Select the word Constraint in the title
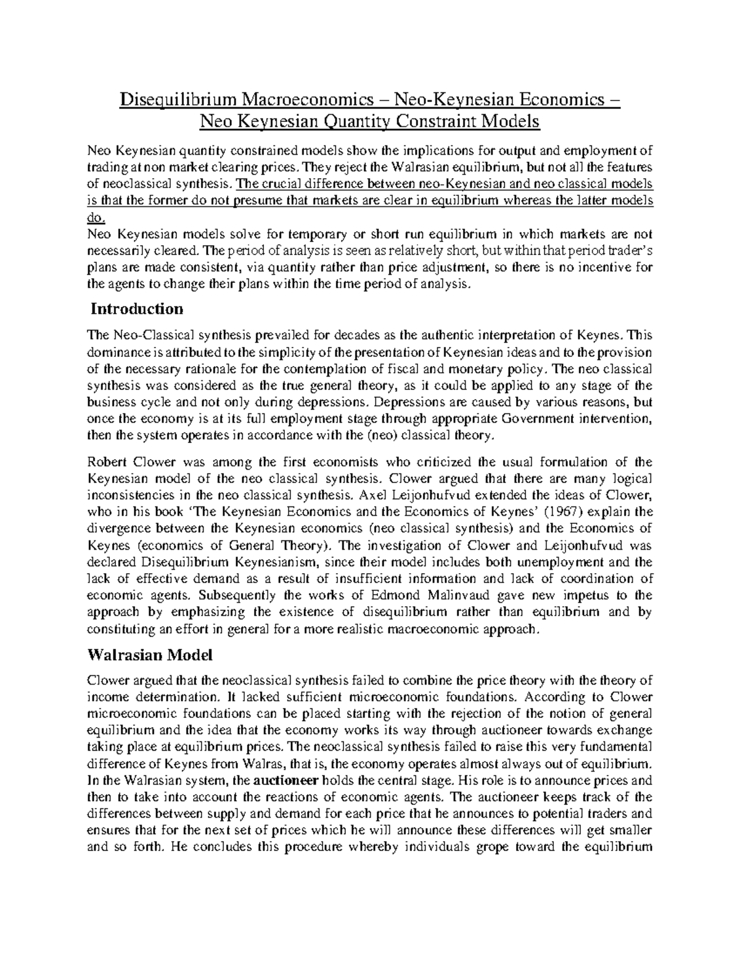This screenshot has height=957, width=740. (x=425, y=122)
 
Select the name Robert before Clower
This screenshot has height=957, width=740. (x=105, y=462)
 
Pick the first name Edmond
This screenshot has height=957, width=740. (x=397, y=595)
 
